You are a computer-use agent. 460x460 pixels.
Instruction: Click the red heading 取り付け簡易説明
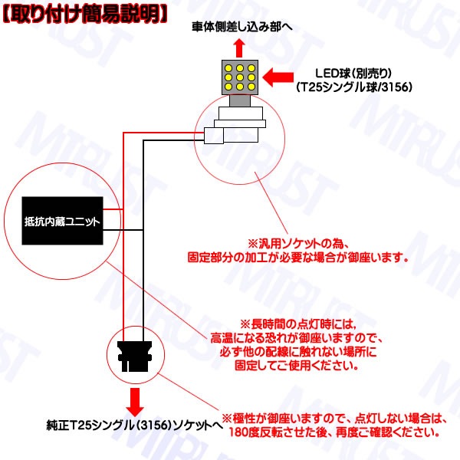85,14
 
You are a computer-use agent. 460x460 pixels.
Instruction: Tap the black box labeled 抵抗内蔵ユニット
63,221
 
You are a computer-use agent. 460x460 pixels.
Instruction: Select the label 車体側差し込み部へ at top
242,27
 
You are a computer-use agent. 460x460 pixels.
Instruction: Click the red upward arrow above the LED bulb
240,48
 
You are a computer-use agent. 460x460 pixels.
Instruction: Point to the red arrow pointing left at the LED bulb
278,77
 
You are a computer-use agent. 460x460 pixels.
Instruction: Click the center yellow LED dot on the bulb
240,77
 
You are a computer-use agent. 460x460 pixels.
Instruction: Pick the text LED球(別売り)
353,74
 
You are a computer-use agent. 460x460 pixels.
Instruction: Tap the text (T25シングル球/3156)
354,87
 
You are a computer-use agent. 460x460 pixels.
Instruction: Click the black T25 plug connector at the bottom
135,356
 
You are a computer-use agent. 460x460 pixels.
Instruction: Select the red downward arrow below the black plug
135,402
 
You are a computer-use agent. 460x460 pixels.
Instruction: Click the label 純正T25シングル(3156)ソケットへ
135,426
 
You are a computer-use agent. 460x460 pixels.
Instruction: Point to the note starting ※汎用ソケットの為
298,244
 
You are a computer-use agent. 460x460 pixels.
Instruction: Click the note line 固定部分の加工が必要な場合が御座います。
298,258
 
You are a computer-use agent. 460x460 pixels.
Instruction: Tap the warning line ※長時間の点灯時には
298,324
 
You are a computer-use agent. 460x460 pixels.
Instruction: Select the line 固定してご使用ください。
297,366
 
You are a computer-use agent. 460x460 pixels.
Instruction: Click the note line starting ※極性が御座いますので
334,419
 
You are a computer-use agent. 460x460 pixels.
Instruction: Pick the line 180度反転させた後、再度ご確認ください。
334,432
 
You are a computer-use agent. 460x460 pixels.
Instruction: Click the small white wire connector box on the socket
214,136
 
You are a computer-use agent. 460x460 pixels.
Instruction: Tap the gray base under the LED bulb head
240,100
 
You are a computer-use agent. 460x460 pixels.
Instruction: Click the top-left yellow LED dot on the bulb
228,68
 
